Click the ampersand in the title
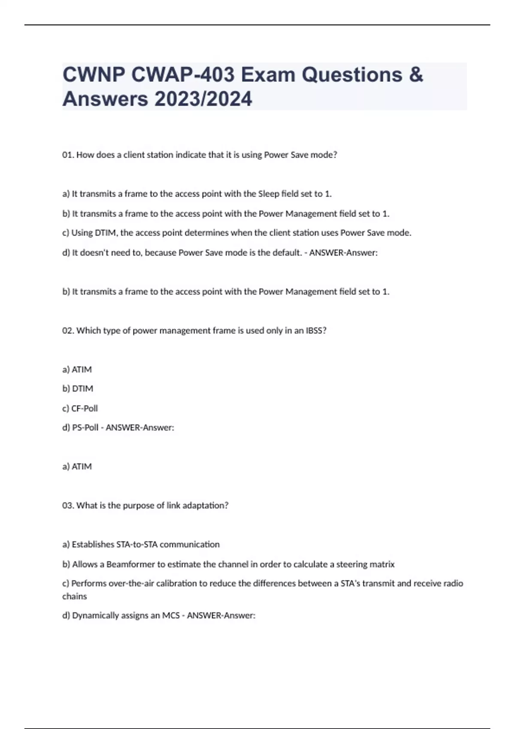tap(415, 75)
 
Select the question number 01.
tap(68, 155)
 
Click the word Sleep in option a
tap(268, 194)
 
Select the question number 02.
tap(68, 331)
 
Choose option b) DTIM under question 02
tap(78, 389)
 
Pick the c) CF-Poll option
tap(80, 408)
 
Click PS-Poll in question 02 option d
tap(85, 428)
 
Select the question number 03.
tap(68, 506)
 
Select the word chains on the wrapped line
tap(74, 596)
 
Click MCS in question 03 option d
tap(170, 616)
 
